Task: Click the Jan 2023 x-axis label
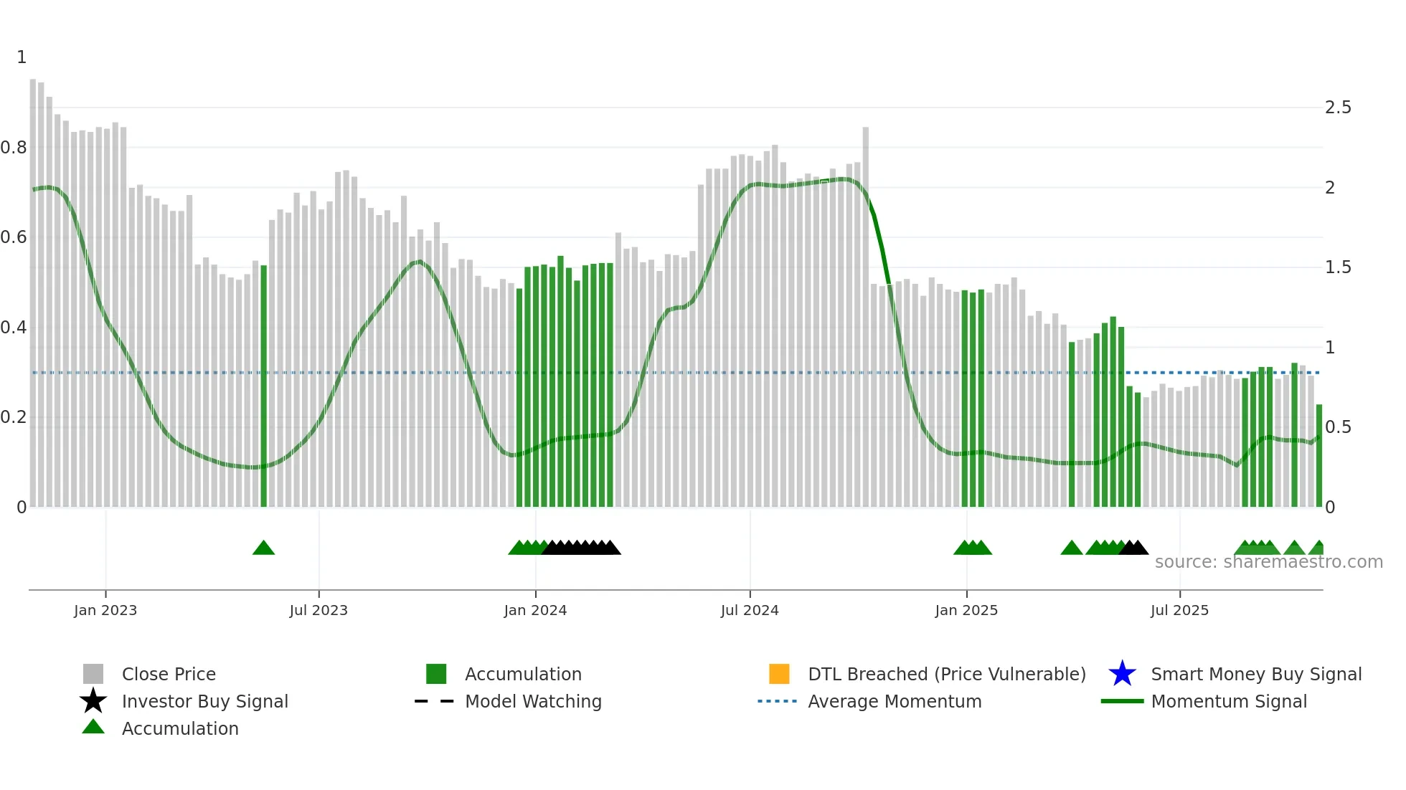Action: click(105, 610)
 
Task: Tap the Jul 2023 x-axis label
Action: click(319, 610)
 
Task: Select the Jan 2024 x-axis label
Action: click(535, 610)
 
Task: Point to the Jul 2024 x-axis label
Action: click(750, 610)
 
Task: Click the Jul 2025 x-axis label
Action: click(1179, 610)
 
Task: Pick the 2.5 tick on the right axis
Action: click(1338, 108)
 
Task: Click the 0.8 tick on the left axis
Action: click(14, 148)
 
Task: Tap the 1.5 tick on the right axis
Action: click(1338, 267)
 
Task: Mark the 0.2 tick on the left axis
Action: click(14, 417)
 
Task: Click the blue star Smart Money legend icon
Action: click(1122, 674)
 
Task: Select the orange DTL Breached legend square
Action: click(779, 674)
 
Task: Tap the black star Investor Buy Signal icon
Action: click(93, 701)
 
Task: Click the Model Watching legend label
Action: click(533, 701)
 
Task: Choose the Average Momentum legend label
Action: click(895, 701)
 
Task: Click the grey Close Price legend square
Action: click(93, 674)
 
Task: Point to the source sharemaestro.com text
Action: click(1268, 562)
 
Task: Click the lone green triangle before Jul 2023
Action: click(263, 548)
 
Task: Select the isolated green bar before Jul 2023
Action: click(263, 387)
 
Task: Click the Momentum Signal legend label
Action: click(1229, 701)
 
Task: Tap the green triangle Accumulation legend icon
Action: click(93, 728)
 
